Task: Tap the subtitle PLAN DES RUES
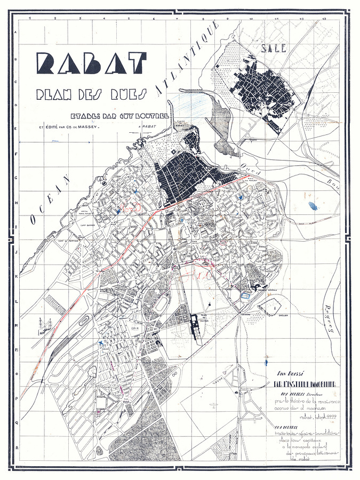point(91,94)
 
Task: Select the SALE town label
point(274,48)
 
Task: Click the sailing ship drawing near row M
point(42,326)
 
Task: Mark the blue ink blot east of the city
point(313,205)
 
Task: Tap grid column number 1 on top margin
point(30,19)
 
